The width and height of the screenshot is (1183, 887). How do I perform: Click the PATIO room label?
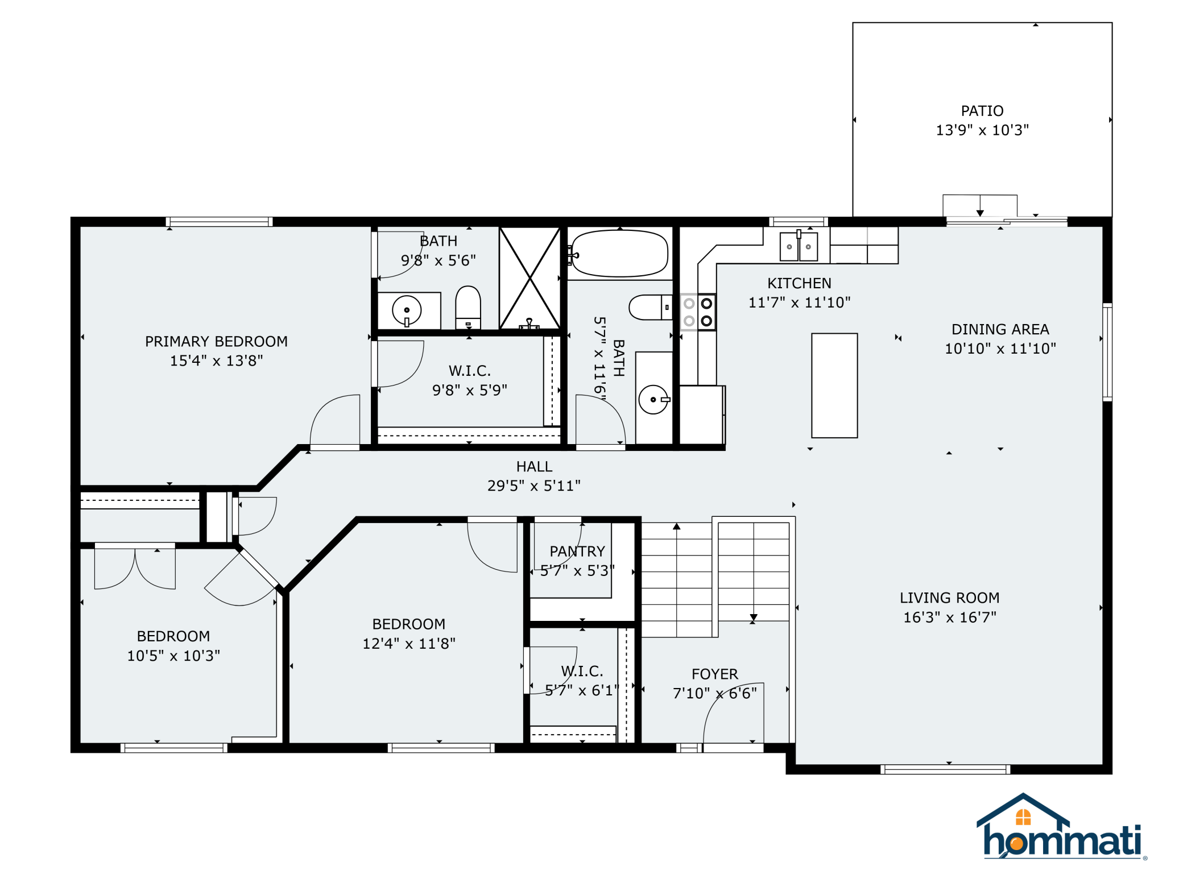click(982, 111)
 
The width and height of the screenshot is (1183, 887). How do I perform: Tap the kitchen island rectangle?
click(834, 386)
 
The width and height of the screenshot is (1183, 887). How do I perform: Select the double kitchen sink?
click(799, 246)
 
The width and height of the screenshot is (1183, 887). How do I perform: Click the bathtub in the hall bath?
click(620, 254)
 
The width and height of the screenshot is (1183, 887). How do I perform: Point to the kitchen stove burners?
click(698, 312)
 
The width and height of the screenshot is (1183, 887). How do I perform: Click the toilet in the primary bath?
click(468, 307)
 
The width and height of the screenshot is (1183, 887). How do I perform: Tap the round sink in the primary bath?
click(407, 310)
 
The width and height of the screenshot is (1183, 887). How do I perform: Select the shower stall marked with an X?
click(530, 278)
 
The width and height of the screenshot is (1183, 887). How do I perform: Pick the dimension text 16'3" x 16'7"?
click(950, 617)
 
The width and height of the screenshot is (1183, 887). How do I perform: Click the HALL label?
click(534, 467)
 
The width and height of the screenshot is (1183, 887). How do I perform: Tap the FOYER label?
click(715, 674)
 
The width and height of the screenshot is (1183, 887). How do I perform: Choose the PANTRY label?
click(577, 552)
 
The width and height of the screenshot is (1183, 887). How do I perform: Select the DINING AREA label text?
click(1000, 329)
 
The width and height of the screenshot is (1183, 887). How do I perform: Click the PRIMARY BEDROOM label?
click(216, 342)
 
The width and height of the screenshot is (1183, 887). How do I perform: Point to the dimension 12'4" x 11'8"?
click(409, 644)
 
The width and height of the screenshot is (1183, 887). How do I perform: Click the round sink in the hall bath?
click(653, 400)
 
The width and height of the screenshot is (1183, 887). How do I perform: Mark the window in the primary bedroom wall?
click(219, 222)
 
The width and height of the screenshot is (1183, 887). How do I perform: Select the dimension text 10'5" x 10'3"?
click(173, 656)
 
